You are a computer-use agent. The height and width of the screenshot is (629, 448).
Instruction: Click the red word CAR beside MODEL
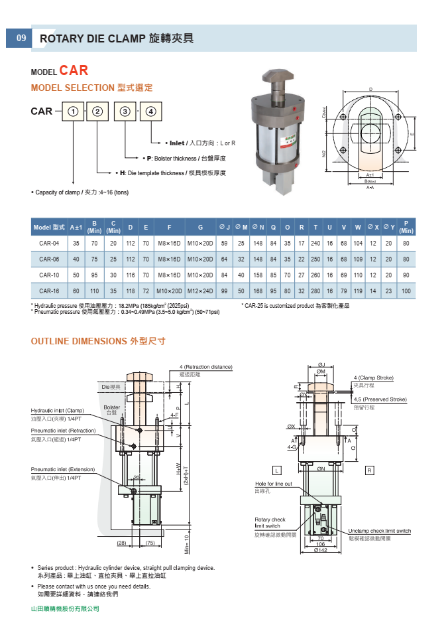pos(74,70)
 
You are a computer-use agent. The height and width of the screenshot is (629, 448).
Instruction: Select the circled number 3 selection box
pos(125,111)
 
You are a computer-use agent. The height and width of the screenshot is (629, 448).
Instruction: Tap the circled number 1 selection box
pos(73,111)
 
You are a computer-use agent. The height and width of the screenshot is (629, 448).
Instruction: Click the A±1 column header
pos(76,227)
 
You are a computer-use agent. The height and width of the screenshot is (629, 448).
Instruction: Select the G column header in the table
pos(200,227)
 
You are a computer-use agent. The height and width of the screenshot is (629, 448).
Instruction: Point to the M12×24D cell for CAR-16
pos(200,291)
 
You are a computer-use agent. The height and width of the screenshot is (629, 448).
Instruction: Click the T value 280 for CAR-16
pos(315,291)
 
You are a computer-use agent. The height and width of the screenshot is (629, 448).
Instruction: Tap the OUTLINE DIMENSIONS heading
pos(98,341)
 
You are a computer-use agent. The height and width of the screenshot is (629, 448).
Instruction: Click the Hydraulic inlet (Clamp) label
pos(58,411)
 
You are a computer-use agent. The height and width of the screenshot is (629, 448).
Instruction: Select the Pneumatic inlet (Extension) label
pos(63,470)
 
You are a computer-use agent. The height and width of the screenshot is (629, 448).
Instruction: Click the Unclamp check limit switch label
pos(380,531)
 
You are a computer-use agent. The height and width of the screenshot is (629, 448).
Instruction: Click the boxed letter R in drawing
pos(369,470)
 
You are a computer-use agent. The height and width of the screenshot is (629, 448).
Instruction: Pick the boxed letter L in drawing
pos(276,470)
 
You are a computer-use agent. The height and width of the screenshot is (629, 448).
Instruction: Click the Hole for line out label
pos(273,484)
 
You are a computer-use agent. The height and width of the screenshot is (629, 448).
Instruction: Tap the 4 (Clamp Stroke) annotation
pos(373,378)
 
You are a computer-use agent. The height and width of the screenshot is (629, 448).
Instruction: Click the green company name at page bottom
pos(65,608)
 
